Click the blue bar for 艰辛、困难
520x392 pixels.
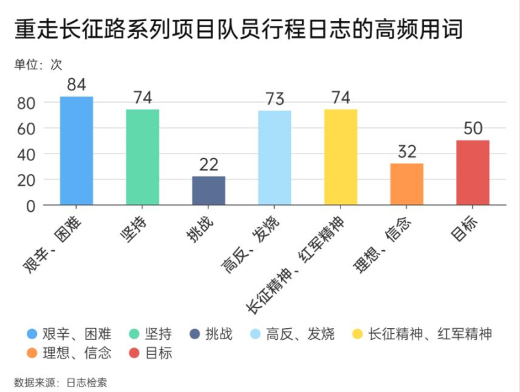76,151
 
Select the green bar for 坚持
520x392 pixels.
143,157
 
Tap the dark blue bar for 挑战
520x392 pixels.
208,191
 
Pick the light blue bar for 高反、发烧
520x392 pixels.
275,158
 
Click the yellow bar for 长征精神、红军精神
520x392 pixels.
341,157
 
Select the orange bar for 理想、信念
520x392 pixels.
407,184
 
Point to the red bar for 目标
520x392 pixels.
473,172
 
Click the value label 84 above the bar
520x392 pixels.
76,85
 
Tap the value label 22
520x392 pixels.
208,165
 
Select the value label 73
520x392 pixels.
275,99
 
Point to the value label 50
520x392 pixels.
473,129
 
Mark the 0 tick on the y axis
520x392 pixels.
30,206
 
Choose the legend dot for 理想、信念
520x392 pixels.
32,354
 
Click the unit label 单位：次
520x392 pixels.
38,65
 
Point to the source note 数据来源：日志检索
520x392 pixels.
60,382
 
